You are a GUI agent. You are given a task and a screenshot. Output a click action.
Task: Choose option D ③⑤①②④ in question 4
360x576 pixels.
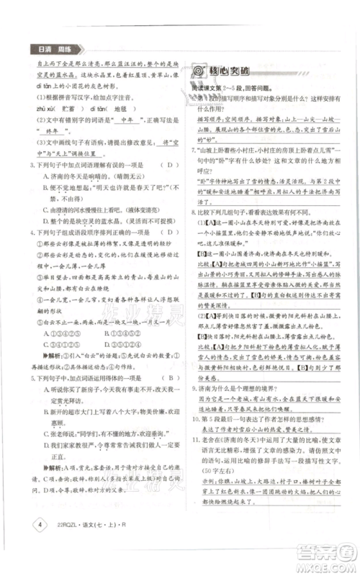tap(149, 353)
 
